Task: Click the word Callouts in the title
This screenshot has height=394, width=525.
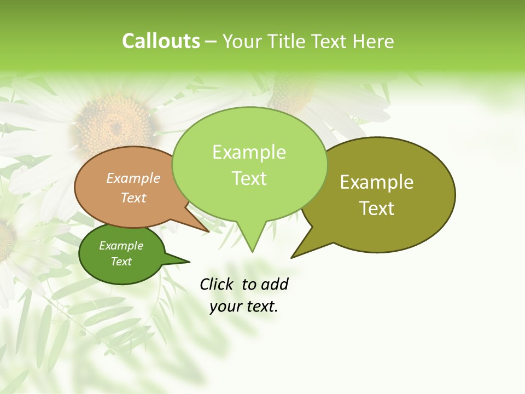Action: (x=161, y=41)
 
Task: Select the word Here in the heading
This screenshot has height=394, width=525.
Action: (x=374, y=42)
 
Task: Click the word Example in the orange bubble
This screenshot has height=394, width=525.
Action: (x=133, y=178)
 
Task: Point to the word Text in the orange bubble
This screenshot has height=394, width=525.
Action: (x=133, y=198)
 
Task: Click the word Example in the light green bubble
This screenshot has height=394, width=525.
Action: (x=249, y=152)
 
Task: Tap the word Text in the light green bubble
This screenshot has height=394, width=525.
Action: (x=249, y=178)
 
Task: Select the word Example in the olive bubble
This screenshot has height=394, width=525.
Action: (x=377, y=182)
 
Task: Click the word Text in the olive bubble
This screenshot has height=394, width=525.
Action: (x=377, y=208)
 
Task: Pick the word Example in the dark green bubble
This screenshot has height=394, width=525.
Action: (x=121, y=246)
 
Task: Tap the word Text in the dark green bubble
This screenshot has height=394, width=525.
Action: (x=121, y=262)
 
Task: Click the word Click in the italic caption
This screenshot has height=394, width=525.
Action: (x=217, y=284)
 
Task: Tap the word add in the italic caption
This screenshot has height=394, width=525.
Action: (x=275, y=284)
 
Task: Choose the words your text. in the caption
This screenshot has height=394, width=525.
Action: (x=244, y=306)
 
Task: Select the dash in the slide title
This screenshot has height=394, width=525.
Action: (x=212, y=42)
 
